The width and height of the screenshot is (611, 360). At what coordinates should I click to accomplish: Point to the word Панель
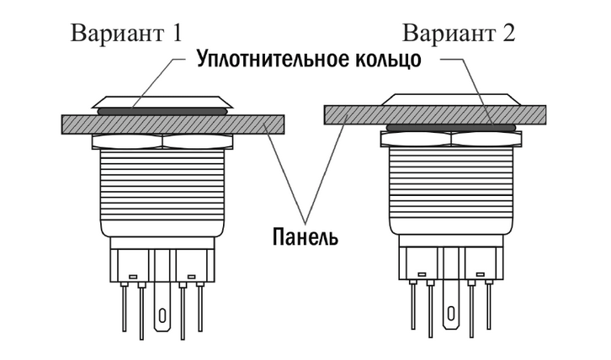pyautogui.click(x=305, y=236)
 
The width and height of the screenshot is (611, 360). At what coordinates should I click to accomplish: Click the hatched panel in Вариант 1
pyautogui.click(x=84, y=124)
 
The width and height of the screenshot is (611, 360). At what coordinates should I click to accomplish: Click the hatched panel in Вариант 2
pyautogui.click(x=353, y=114)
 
